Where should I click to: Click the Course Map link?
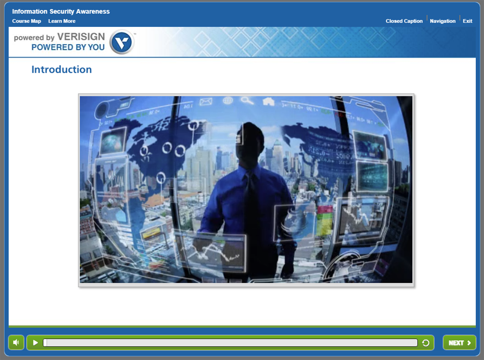point(26,21)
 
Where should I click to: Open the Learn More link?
point(62,21)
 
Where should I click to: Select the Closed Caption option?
point(404,21)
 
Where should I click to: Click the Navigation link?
point(443,21)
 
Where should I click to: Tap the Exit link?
point(467,21)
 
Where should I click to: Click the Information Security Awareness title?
point(61,11)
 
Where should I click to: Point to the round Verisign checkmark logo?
point(122,42)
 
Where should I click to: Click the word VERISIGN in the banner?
point(81,37)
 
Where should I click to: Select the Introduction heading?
point(61,69)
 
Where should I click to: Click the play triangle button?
point(35,343)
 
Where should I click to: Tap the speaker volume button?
point(16,342)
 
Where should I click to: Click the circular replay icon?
point(426,343)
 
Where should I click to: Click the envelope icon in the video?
point(206,102)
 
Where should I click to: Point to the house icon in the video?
point(268,101)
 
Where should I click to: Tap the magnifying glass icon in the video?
point(247,100)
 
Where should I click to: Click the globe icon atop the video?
point(228,100)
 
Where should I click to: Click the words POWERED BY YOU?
point(68,47)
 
